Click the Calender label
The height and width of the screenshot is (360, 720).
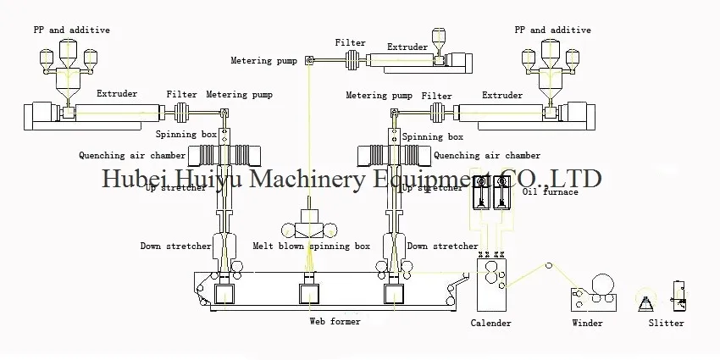[490, 323]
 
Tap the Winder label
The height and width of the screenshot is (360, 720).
[587, 323]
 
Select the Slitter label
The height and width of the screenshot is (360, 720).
[666, 323]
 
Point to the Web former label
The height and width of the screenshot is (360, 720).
[335, 322]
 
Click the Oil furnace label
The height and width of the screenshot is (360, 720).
[550, 192]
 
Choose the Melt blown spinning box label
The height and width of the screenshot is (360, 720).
[312, 246]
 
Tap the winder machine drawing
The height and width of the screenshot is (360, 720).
[593, 292]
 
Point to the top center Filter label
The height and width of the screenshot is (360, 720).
[350, 42]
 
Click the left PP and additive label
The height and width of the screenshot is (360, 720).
[72, 30]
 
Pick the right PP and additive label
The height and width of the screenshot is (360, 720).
[553, 30]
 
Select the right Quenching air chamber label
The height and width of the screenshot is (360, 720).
[487, 156]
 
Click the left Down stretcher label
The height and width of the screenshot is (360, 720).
[175, 246]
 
